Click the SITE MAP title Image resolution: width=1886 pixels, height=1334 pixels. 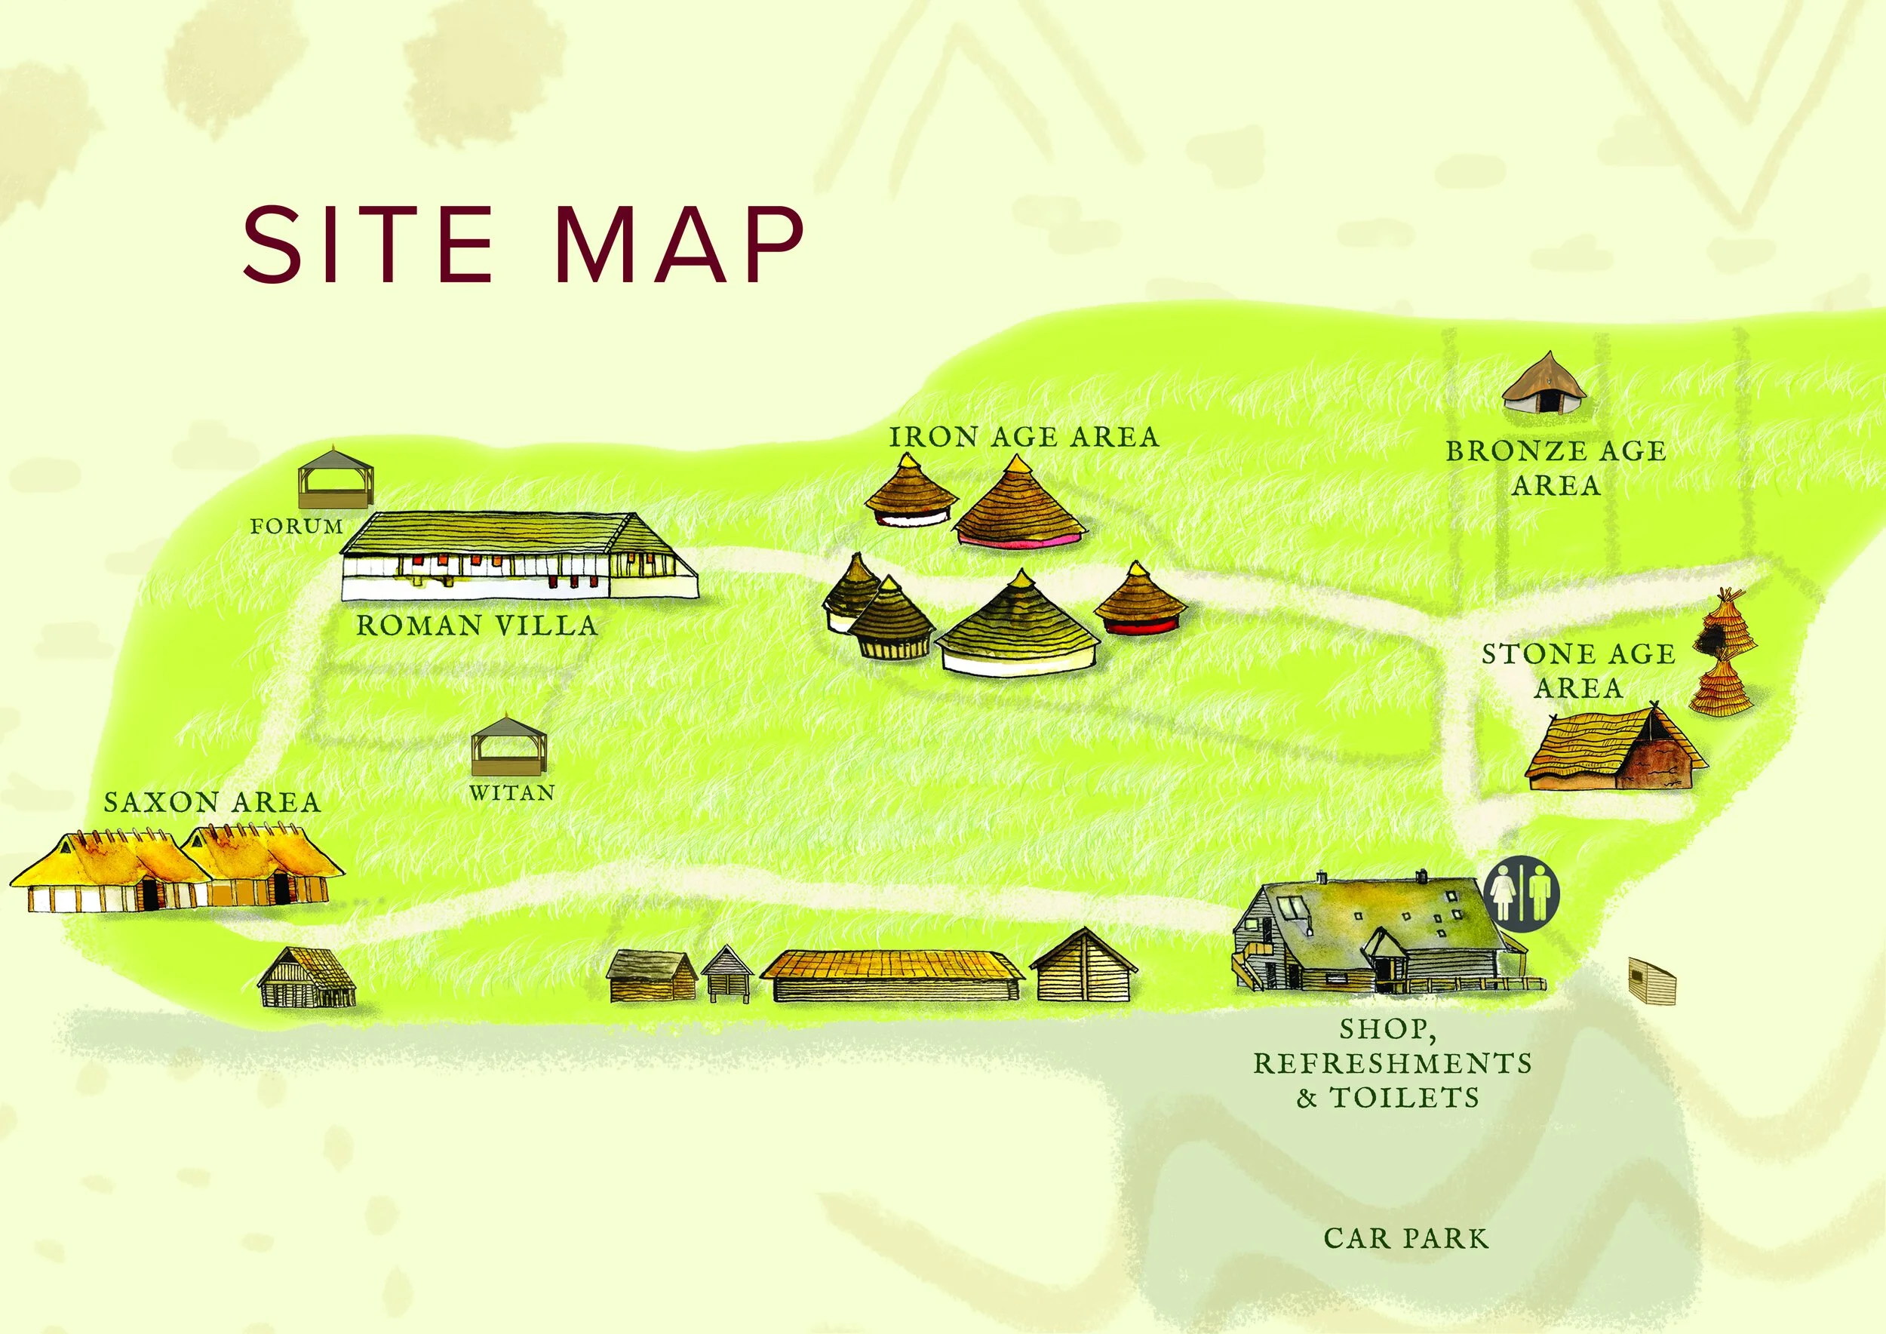(x=523, y=244)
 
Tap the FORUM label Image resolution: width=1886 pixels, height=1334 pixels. (x=296, y=527)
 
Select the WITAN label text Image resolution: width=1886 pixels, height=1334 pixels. (x=511, y=793)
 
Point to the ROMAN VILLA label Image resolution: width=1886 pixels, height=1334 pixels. (x=477, y=626)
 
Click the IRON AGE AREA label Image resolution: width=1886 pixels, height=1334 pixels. (x=1024, y=437)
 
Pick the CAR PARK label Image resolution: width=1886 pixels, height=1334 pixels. (x=1405, y=1239)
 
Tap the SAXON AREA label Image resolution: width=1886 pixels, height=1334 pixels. (x=212, y=803)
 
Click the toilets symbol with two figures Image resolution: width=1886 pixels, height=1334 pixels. (x=1522, y=895)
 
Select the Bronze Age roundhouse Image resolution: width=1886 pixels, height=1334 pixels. (x=1544, y=383)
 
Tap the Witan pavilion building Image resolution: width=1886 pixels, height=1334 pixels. (x=508, y=747)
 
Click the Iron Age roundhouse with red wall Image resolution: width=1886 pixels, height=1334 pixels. (x=1139, y=601)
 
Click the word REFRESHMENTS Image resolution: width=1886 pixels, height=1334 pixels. (x=1393, y=1063)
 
